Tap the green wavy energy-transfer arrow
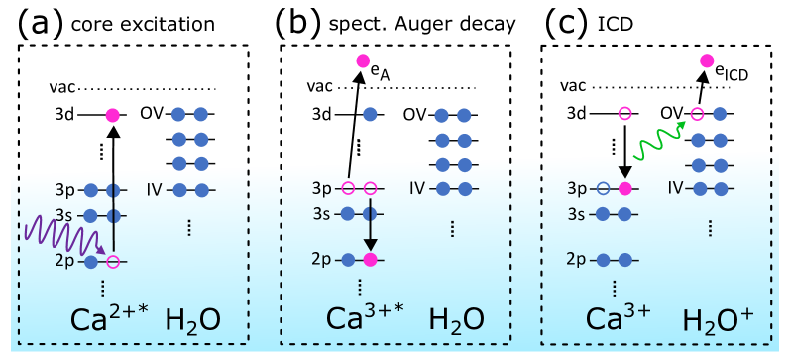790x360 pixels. click(660, 140)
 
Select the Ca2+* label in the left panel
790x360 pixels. click(108, 319)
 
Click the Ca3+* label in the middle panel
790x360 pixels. click(366, 318)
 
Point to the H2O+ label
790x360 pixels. click(719, 319)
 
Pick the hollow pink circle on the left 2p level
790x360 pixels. click(113, 262)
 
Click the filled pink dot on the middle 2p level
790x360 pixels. click(370, 260)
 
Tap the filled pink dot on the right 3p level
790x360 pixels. click(624, 188)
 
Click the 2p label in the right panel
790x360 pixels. click(578, 260)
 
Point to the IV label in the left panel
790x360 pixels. click(155, 189)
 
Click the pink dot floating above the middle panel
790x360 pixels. click(363, 61)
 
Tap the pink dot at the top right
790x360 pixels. click(707, 61)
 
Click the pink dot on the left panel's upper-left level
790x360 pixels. click(112, 115)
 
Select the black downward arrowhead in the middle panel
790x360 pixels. click(370, 243)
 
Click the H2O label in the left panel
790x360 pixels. click(192, 319)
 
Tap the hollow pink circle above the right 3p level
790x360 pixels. click(624, 114)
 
